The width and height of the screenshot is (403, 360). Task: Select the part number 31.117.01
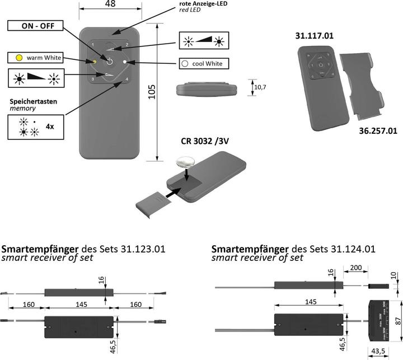(315, 36)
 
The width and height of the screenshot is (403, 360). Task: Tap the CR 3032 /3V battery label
(205, 142)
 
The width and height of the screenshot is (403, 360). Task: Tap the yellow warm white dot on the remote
(95, 61)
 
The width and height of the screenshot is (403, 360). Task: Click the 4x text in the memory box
(50, 127)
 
